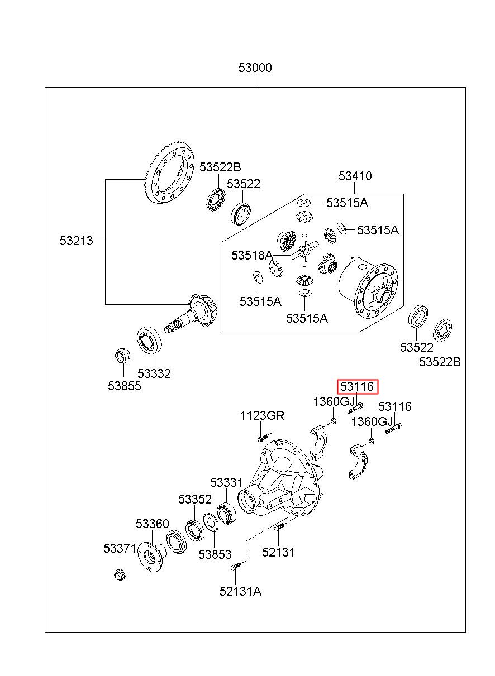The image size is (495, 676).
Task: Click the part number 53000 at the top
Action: point(255,68)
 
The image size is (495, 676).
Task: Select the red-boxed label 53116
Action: point(356,386)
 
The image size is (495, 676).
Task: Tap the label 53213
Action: point(77,241)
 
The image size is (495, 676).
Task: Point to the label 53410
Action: point(355,176)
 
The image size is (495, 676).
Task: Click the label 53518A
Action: point(252,255)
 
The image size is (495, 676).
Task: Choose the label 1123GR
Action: point(262,415)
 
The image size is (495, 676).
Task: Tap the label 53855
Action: point(125,386)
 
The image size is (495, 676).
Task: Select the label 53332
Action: point(154,373)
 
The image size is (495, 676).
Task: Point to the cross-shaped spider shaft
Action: point(304,250)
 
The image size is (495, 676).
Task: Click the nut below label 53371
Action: point(120,574)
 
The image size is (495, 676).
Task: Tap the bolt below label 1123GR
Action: point(263,437)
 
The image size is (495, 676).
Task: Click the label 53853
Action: point(215,554)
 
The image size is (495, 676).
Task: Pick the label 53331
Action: point(226,482)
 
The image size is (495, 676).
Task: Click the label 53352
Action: point(195,499)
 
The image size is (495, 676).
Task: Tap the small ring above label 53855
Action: point(123,356)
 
